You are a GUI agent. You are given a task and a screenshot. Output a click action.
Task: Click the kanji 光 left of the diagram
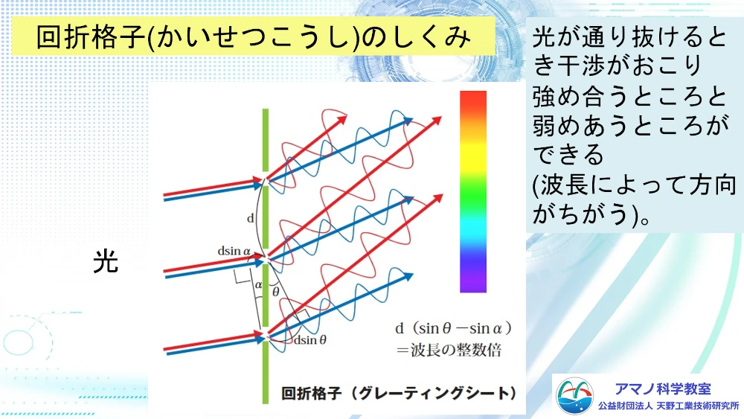(106, 261)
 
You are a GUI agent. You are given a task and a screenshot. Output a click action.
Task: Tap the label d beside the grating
(251, 218)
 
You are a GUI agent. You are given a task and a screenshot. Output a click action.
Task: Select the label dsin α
(234, 251)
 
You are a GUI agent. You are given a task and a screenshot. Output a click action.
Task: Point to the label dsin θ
(310, 340)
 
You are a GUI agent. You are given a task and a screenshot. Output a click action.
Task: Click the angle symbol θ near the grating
(276, 292)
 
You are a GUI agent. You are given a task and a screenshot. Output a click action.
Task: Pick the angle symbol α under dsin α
(258, 285)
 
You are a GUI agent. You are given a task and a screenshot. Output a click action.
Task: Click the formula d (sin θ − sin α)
(454, 328)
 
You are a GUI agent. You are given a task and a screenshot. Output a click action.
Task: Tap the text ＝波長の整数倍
(449, 351)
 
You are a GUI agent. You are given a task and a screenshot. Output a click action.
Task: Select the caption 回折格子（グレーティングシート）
(399, 394)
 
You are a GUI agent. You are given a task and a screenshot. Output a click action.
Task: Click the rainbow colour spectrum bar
(473, 191)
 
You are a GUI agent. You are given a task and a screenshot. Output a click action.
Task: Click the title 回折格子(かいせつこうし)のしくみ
(254, 37)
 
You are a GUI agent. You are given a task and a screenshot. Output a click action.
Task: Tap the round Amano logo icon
(574, 396)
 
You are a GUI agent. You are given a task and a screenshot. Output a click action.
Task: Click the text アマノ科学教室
(663, 389)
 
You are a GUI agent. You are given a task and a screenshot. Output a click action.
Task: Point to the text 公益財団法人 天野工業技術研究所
(669, 406)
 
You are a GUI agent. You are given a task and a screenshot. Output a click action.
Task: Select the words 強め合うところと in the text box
(629, 96)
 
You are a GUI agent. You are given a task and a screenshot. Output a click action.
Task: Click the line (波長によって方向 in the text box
(634, 185)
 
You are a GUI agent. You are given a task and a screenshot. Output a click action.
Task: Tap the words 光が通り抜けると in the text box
(629, 37)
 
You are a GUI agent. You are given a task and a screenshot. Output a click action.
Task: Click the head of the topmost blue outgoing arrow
(408, 121)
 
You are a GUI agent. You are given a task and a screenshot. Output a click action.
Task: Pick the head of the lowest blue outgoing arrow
(408, 275)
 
